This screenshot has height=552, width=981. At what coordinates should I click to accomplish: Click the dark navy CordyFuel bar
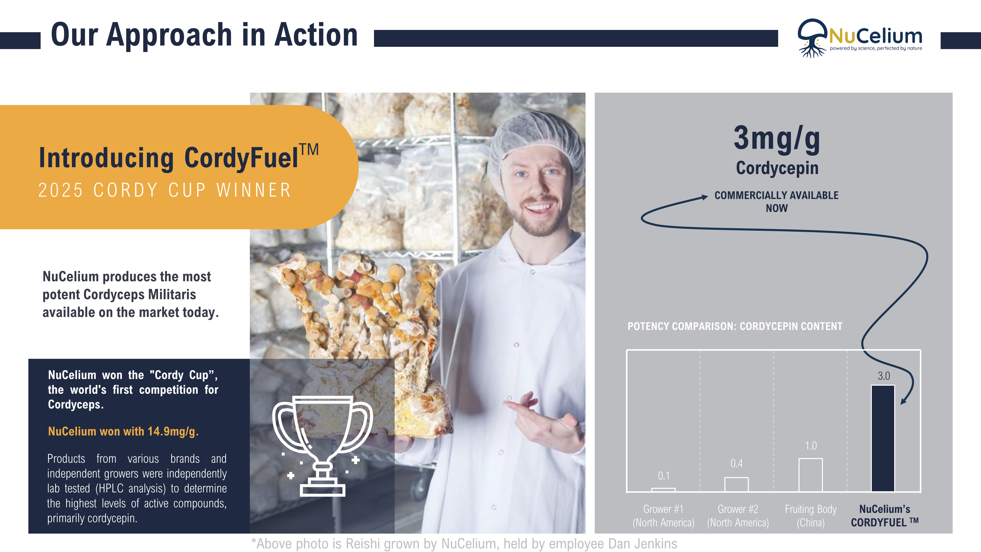coord(883,438)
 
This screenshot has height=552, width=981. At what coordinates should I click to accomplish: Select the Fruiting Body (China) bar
coord(810,475)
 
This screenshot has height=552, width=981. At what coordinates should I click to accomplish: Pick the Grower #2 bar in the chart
coord(736,484)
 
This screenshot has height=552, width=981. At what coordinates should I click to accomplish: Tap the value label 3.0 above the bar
coord(883,376)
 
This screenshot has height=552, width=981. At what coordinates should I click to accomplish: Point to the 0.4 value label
coord(736,464)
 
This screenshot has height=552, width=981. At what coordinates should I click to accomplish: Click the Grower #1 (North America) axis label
coord(663,516)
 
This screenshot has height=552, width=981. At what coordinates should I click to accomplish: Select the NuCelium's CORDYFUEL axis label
coord(884,516)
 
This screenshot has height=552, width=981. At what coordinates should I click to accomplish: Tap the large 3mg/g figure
coord(777,139)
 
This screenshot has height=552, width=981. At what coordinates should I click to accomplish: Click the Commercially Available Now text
coord(776,201)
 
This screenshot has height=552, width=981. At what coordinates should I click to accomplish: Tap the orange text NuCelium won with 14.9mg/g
coord(123,431)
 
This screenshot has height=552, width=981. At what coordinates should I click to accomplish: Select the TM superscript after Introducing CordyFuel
coord(309,150)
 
